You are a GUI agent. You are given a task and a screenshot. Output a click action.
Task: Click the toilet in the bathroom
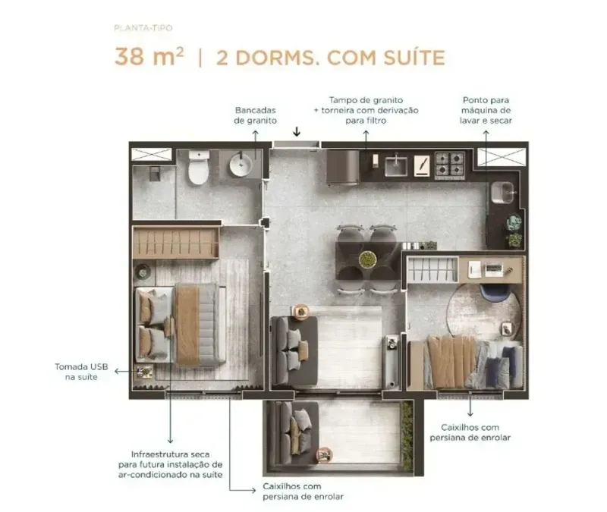point(199,167)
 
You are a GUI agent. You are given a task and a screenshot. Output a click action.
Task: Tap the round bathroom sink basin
point(241,165)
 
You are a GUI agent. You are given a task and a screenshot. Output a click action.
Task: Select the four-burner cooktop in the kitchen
point(450,165)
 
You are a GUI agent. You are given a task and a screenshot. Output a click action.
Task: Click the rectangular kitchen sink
point(395,166)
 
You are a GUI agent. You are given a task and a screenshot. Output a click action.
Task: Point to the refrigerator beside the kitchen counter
point(343,167)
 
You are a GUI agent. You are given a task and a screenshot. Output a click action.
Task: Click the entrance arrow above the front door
point(297,131)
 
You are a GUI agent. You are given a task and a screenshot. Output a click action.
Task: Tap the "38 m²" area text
point(149,56)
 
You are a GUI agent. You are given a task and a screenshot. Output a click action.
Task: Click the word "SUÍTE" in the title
point(414,58)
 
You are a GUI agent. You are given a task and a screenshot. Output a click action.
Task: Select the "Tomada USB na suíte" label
point(81,372)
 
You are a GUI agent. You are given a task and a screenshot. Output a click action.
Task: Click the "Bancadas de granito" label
point(256,115)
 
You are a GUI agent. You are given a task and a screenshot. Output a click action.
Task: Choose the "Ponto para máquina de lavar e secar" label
point(486,110)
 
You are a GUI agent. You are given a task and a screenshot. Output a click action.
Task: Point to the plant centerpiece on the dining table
point(367,259)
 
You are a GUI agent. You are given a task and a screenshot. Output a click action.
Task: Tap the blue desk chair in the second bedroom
point(495,293)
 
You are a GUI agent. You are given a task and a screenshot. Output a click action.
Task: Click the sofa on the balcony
point(295,432)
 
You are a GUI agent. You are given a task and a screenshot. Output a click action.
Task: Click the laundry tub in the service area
point(502,193)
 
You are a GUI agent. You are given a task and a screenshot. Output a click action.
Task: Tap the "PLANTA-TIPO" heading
point(143,28)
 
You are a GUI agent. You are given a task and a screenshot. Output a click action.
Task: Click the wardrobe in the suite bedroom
point(176,243)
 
